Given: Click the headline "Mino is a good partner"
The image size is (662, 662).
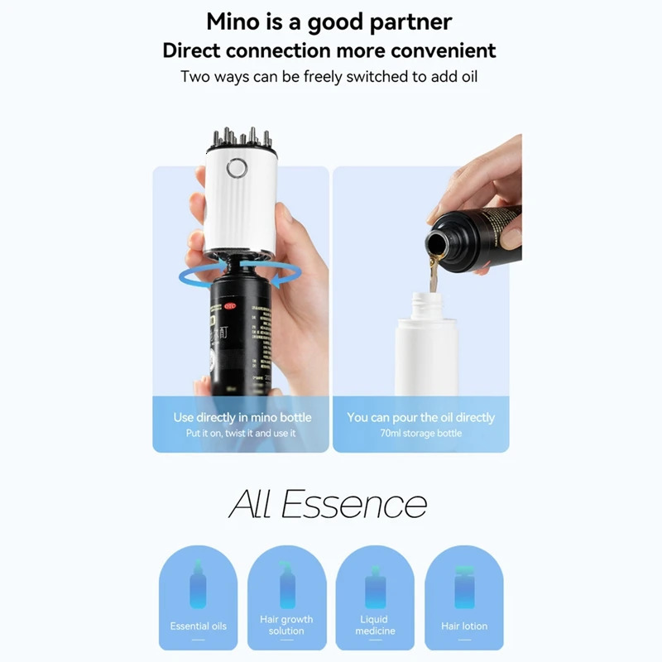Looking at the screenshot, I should pos(329,21).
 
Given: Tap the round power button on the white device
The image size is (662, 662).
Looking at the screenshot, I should pos(237,168).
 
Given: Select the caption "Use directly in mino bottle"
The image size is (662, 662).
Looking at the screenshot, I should pos(240,417).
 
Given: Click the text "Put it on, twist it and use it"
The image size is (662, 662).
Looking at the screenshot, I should pos(240,434).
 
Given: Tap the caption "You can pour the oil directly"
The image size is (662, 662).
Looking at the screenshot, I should pos(420,417).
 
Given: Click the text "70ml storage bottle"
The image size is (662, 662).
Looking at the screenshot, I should pos(420,434).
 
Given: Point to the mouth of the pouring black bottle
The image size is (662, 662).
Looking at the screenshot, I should pos(436,243).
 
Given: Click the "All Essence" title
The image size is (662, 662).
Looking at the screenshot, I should pos(328,503).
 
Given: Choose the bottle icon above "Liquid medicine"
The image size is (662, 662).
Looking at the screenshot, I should pos(375,588).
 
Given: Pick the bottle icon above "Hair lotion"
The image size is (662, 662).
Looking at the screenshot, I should pos(463,588).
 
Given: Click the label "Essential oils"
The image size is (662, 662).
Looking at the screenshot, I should pos(198,626).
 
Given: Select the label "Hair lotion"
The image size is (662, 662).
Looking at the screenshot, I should pos(463,626).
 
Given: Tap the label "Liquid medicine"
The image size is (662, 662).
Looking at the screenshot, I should pos(374,626).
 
